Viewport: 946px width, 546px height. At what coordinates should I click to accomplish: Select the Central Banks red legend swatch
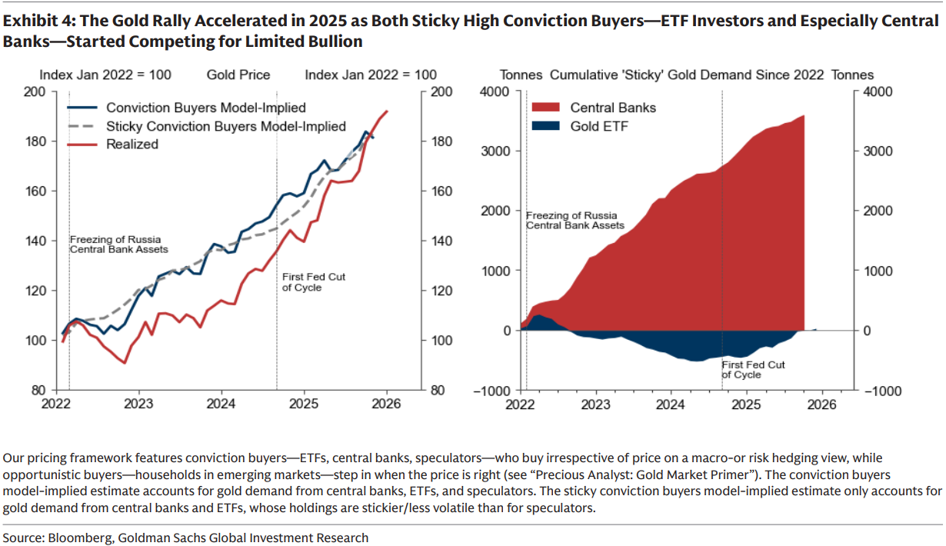[547, 108]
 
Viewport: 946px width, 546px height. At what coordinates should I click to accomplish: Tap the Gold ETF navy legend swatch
[547, 126]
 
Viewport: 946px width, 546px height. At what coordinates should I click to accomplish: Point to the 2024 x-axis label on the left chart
[222, 403]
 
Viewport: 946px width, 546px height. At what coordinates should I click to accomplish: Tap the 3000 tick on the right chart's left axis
[495, 151]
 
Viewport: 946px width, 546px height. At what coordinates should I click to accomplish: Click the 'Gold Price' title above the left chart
[238, 75]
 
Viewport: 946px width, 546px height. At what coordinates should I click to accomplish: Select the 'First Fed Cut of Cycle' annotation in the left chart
[301, 281]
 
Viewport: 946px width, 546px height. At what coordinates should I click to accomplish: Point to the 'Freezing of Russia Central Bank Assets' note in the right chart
[575, 221]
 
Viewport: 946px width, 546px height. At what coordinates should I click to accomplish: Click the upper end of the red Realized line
[386, 111]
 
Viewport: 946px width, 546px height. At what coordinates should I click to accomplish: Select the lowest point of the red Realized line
[124, 362]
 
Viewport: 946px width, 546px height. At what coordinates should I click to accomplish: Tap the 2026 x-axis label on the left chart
[387, 403]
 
